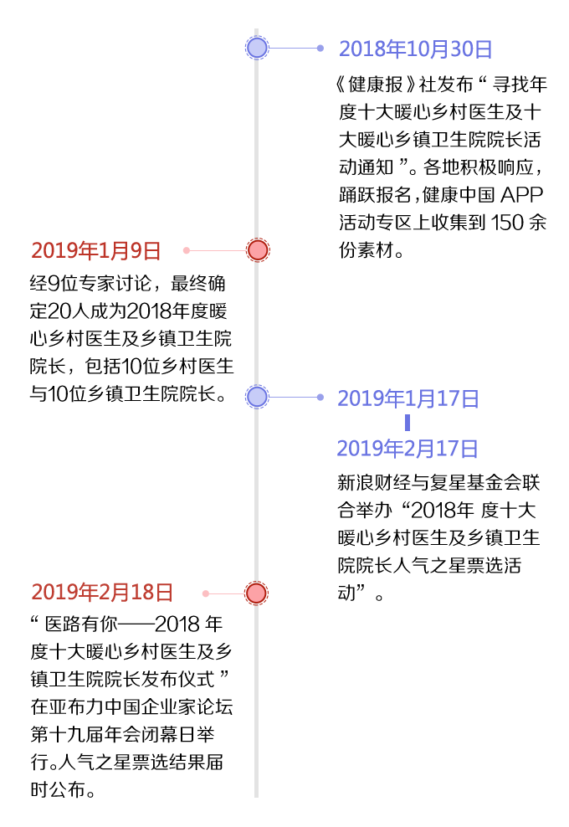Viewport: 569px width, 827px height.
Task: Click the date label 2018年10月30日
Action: pos(415,49)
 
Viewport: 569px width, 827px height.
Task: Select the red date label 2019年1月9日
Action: pos(95,250)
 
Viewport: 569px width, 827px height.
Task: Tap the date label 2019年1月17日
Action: pos(408,398)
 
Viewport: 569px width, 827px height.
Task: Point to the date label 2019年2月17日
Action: pos(408,449)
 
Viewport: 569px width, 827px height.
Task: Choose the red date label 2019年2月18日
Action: pos(101,593)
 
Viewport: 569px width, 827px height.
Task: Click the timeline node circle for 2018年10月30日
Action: pos(257,48)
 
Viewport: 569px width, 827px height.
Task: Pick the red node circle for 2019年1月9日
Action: pos(258,250)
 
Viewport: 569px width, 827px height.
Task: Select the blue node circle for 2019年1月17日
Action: pos(257,397)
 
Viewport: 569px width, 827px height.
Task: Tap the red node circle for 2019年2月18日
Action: pos(256,593)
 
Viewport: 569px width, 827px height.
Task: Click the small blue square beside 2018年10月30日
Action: pos(320,48)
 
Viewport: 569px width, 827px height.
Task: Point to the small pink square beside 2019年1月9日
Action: pos(186,250)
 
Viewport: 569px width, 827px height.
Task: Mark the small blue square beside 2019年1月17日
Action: pos(320,397)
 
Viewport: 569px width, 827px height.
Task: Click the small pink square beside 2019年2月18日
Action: pos(205,593)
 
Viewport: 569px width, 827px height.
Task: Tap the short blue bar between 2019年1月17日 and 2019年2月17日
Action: pos(408,423)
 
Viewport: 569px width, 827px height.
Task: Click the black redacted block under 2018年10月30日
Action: pos(442,167)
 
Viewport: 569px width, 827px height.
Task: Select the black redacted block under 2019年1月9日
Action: pos(134,338)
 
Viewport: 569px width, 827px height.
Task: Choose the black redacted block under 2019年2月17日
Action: pos(442,537)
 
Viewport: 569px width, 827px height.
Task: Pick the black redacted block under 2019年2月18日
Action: pos(134,706)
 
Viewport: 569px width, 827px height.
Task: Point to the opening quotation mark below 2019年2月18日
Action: pos(34,620)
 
